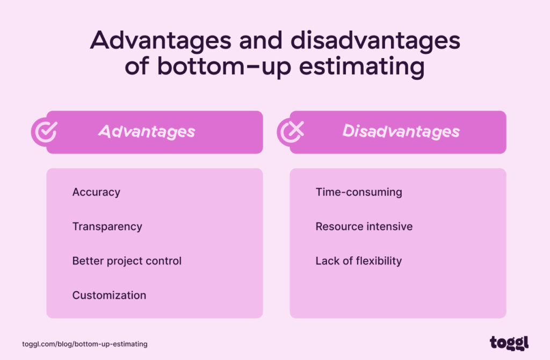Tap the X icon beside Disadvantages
(291, 132)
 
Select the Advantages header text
(146, 132)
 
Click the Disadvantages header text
(401, 132)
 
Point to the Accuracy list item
(96, 192)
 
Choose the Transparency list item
(107, 227)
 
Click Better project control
(127, 261)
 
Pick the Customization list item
(109, 296)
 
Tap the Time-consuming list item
(358, 192)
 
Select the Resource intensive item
(364, 227)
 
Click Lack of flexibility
(358, 261)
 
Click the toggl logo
(509, 342)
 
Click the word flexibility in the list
(379, 261)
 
